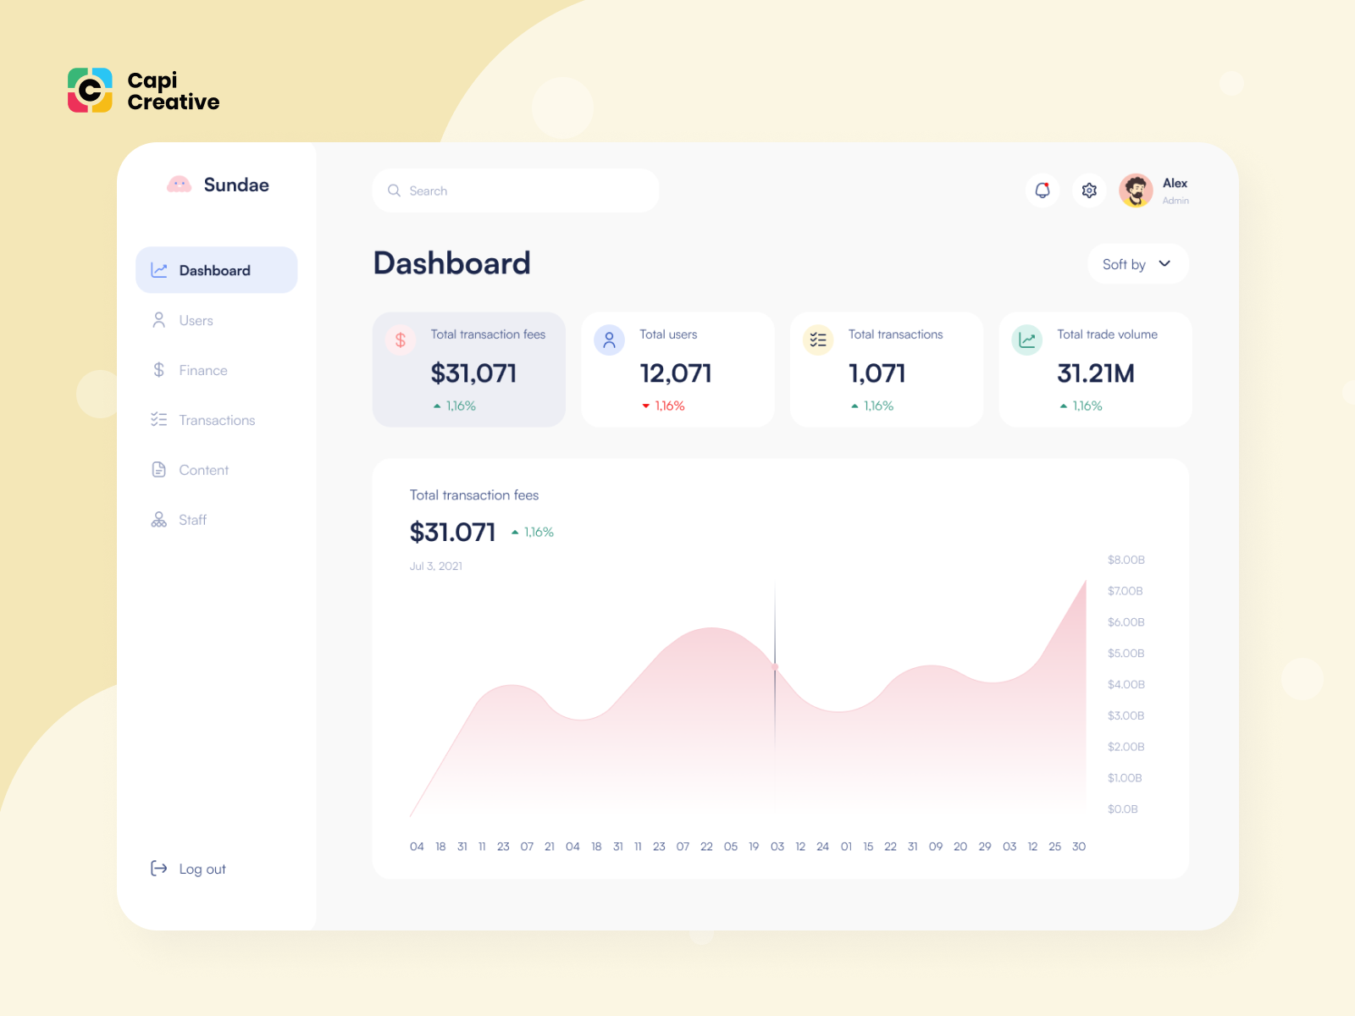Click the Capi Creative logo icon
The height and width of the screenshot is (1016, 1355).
[x=90, y=91]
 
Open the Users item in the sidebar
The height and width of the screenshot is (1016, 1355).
[x=195, y=321]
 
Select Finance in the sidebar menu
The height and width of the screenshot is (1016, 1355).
[x=202, y=371]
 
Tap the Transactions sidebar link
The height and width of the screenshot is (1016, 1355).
[x=216, y=421]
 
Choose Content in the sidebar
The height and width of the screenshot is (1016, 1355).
[x=203, y=471]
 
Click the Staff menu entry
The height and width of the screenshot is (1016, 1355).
[x=192, y=521]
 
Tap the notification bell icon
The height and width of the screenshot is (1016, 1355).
[x=1043, y=190]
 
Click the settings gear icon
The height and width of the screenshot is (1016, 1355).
[x=1089, y=190]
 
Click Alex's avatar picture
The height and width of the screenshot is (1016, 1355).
[x=1136, y=190]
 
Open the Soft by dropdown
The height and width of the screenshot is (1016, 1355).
[x=1137, y=264]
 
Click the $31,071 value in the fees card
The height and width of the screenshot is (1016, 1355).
[x=473, y=373]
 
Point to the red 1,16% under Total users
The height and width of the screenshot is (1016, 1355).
[x=669, y=406]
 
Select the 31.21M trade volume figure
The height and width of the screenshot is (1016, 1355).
[x=1095, y=373]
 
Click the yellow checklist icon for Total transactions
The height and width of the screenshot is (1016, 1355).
[x=818, y=340]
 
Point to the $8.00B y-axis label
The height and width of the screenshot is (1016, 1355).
[x=1125, y=560]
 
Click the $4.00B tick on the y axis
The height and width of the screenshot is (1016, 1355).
[x=1125, y=685]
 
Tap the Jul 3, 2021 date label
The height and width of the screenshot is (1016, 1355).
[x=436, y=566]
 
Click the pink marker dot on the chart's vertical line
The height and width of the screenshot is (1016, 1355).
[x=775, y=667]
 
